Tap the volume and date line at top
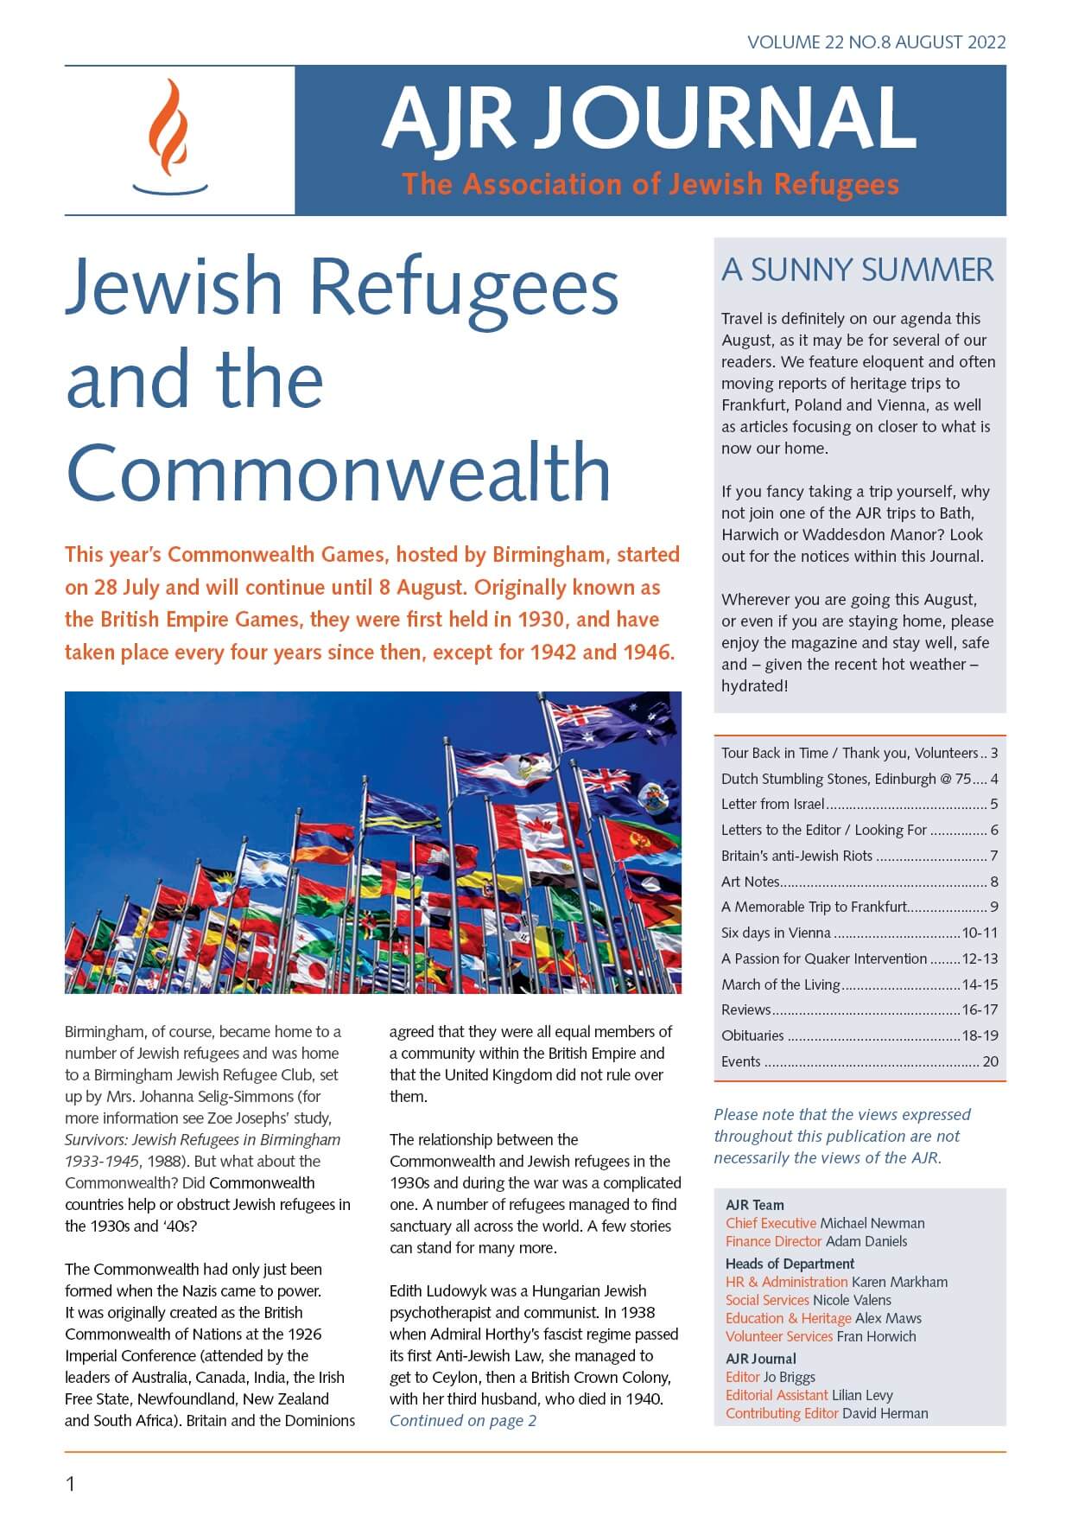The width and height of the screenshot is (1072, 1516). pos(876,42)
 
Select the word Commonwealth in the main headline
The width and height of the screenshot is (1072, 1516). pos(338,472)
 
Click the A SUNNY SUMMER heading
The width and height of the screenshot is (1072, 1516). pos(858,270)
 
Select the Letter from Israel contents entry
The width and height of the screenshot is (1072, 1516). pos(772,804)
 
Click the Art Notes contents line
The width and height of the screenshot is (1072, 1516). pos(751,882)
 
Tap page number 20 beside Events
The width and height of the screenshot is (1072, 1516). pos(990,1061)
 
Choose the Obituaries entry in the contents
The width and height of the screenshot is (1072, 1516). pos(752,1035)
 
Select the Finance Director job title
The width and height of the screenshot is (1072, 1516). pos(773,1241)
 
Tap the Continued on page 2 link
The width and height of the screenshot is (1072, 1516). pos(463,1420)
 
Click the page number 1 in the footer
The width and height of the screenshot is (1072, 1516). pos(71,1484)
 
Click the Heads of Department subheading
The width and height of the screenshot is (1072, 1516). pos(790,1264)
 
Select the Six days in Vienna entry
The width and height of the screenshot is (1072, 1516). pos(776,933)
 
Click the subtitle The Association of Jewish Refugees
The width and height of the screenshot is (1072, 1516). pos(650,184)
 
